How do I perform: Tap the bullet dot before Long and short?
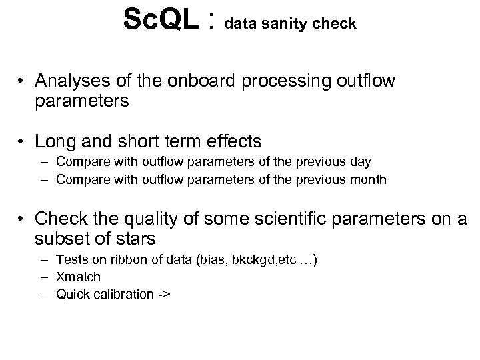21,141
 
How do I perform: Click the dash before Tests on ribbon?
44,259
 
